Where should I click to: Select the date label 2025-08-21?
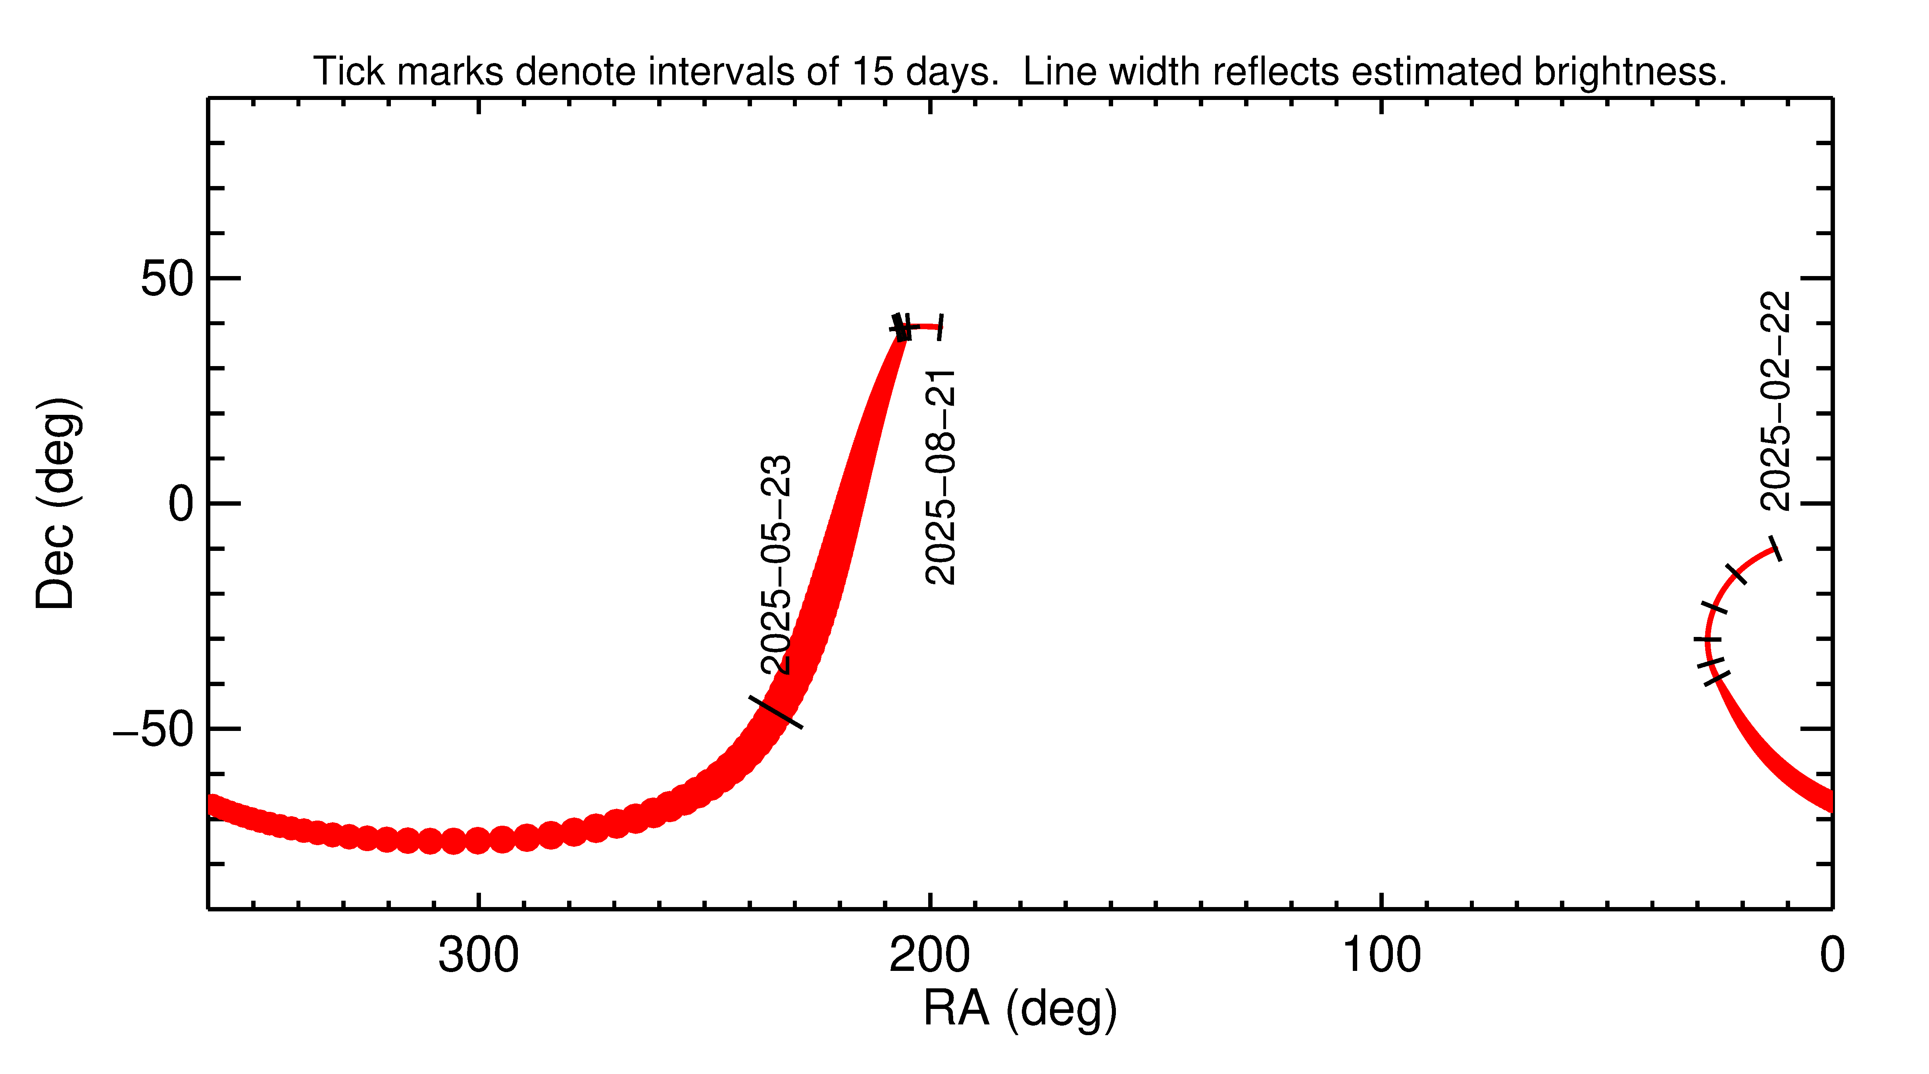coord(940,477)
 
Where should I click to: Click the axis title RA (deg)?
coord(1020,1009)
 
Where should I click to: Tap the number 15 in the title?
coord(873,72)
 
